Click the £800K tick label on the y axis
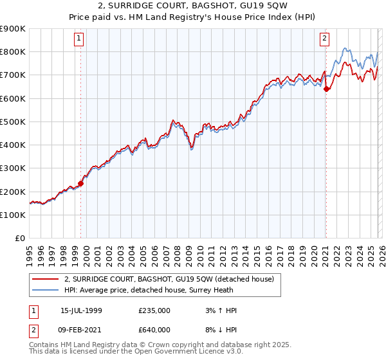pyautogui.click(x=13, y=52)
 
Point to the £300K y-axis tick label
pyautogui.click(x=13, y=168)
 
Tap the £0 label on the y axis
pyautogui.click(x=20, y=239)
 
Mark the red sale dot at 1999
pyautogui.click(x=81, y=183)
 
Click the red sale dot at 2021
pyautogui.click(x=326, y=89)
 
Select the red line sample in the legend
pyautogui.click(x=46, y=279)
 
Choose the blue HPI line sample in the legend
pyautogui.click(x=46, y=290)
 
